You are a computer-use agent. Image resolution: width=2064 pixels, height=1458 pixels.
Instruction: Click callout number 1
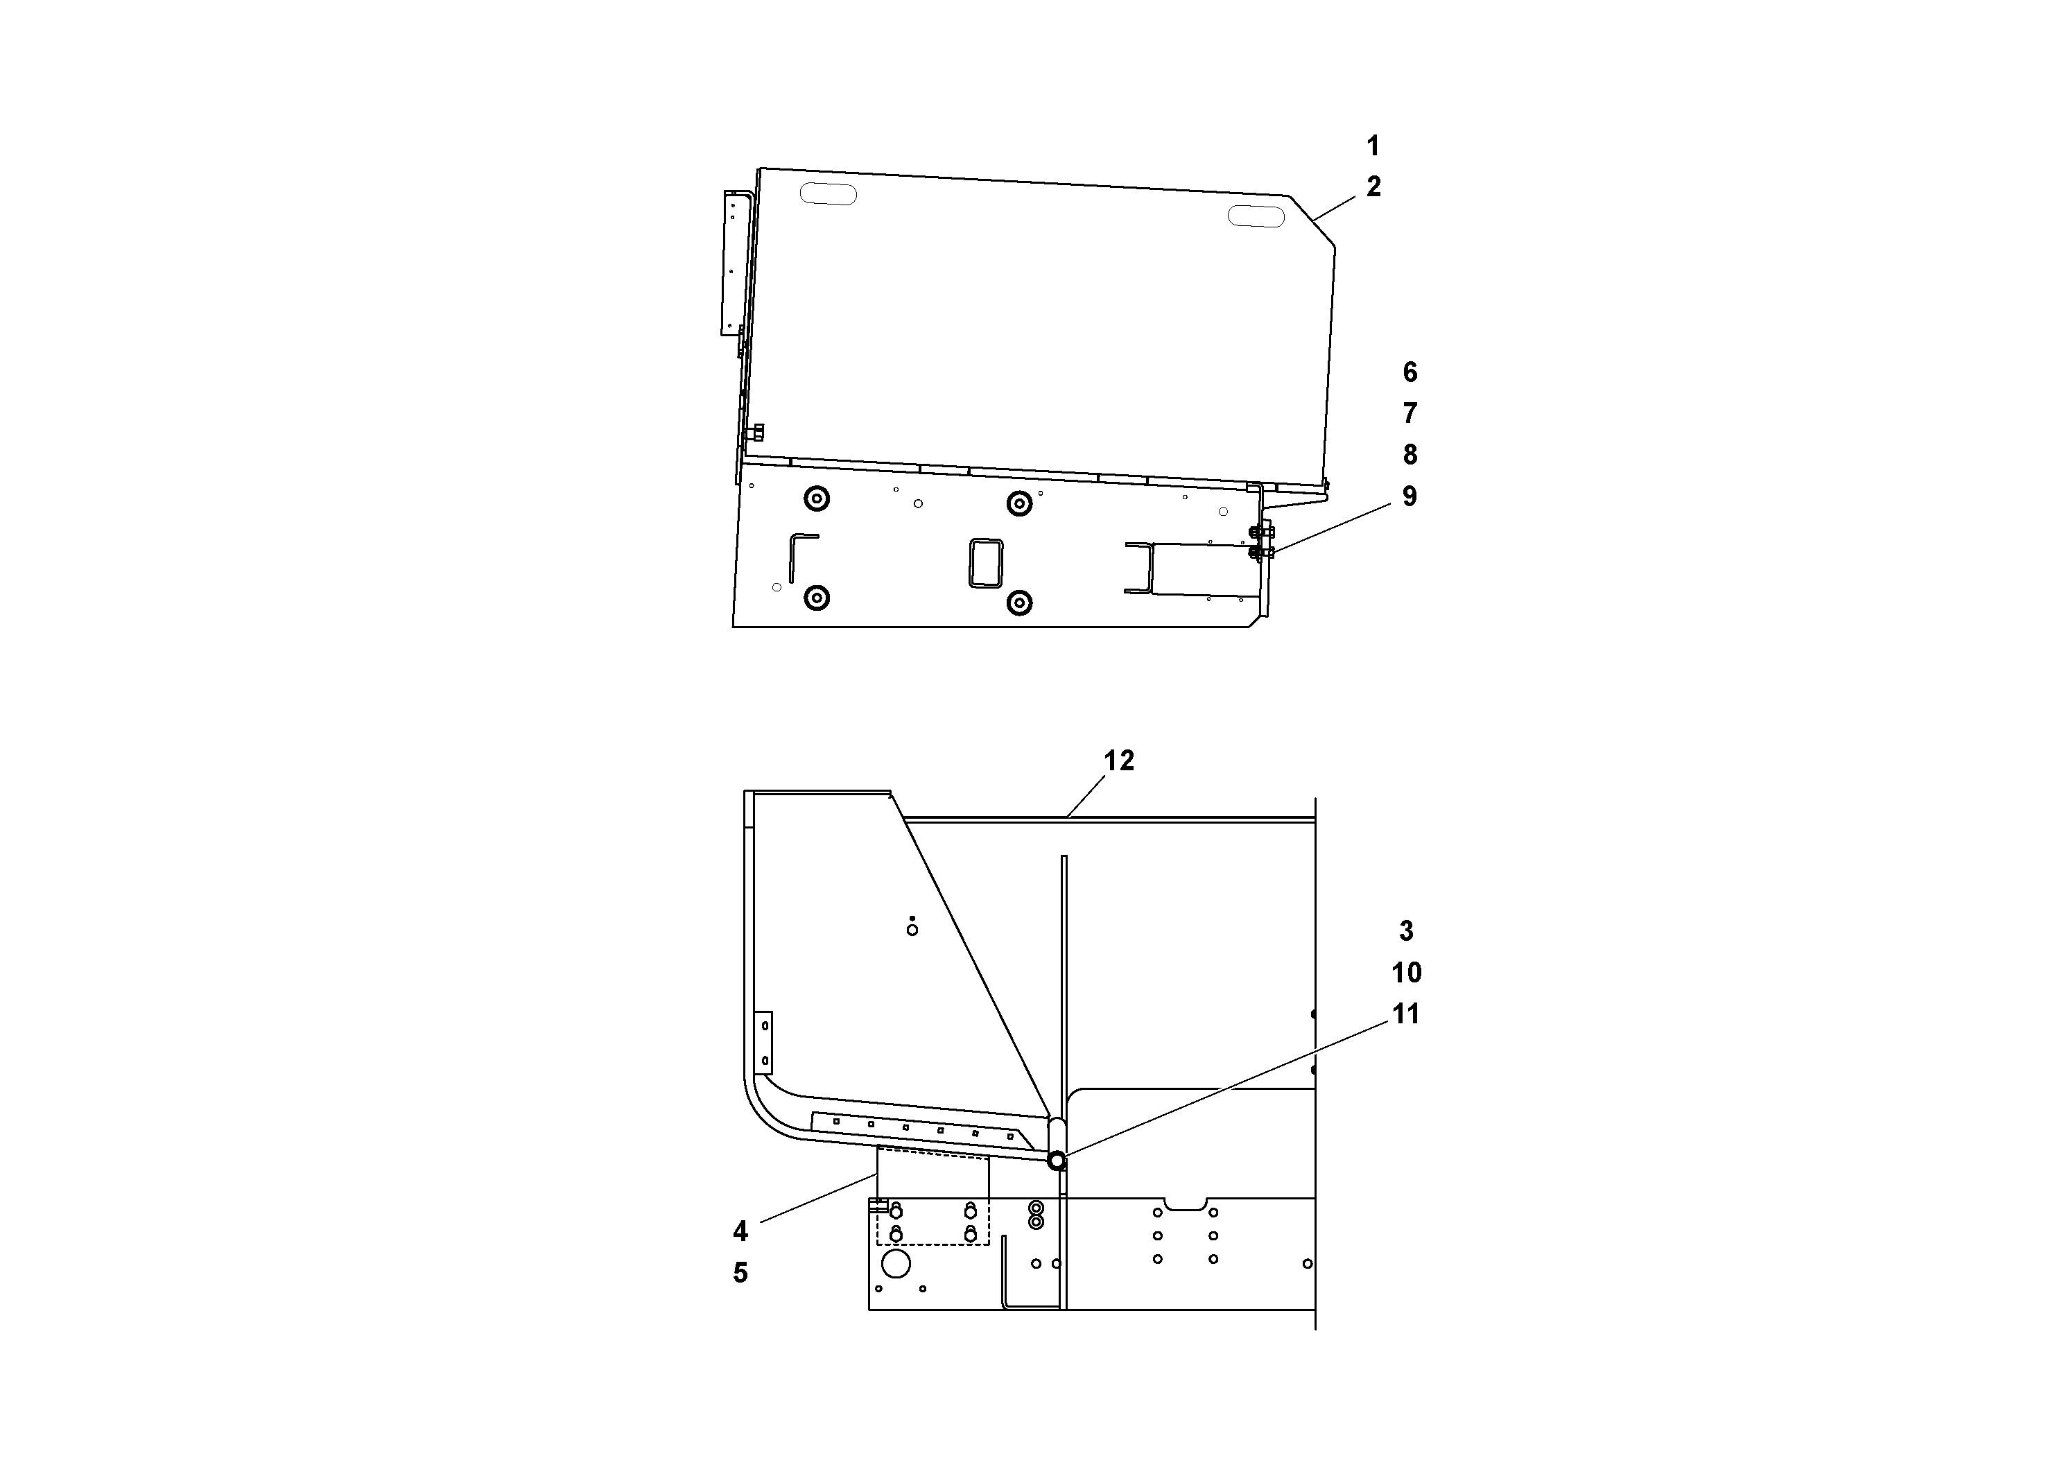[x=1373, y=146]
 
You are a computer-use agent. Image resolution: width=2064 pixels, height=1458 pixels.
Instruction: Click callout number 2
[x=1373, y=187]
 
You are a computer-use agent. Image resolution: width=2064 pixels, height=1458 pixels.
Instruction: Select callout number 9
[x=1410, y=497]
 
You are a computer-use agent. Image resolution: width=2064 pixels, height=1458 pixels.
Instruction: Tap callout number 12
[x=1119, y=761]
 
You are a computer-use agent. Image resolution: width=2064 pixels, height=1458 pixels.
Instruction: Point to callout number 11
[x=1406, y=1015]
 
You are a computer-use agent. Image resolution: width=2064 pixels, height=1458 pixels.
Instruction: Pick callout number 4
[x=740, y=1231]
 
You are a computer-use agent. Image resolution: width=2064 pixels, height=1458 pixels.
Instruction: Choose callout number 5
[x=740, y=1273]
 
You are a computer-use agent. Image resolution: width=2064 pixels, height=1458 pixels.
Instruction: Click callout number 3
[x=1406, y=931]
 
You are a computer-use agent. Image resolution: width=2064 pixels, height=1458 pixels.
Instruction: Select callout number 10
[x=1406, y=973]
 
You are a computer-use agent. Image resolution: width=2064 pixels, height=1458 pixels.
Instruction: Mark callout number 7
[x=1410, y=413]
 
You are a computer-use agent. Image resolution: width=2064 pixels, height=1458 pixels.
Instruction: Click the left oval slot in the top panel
[x=828, y=193]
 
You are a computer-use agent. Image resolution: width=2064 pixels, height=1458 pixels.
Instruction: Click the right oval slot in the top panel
[x=1256, y=216]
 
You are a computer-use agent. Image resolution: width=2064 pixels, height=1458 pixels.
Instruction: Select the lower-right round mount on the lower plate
[x=1018, y=602]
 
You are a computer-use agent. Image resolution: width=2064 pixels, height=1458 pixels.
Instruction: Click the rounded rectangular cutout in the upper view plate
[x=986, y=563]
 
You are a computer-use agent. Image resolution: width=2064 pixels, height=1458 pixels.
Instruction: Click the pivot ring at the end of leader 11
[x=1057, y=1161]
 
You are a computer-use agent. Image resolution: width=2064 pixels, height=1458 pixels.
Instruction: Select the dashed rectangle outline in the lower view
[x=933, y=1200]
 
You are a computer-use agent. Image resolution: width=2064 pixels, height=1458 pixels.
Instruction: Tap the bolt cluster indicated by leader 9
[x=1258, y=543]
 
